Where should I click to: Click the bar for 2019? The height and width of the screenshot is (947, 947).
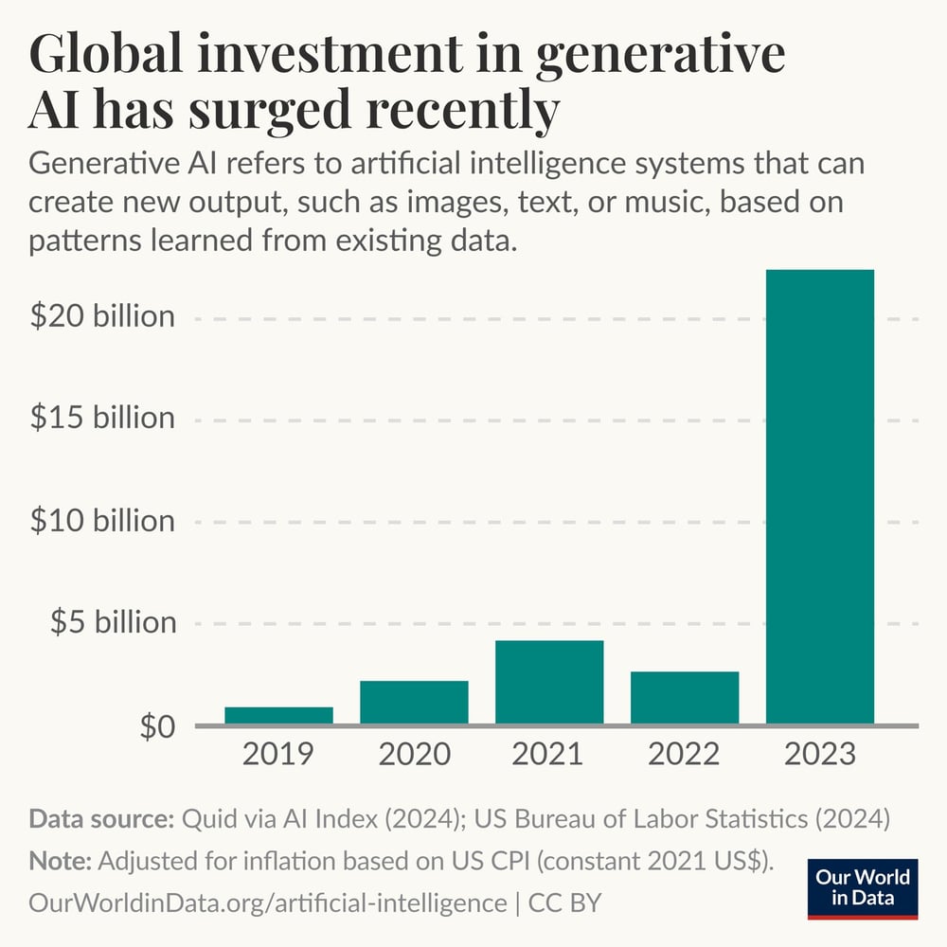(x=278, y=716)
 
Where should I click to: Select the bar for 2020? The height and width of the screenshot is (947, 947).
(x=414, y=703)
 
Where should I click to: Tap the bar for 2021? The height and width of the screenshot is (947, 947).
(x=549, y=683)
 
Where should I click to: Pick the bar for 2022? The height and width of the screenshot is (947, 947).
(x=685, y=698)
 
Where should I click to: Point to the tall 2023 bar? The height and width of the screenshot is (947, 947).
(x=820, y=497)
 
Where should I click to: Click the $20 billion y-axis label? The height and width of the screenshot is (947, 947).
(x=102, y=316)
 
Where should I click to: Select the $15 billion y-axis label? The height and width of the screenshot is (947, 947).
(x=102, y=419)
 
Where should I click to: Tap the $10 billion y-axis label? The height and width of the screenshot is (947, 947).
(x=102, y=521)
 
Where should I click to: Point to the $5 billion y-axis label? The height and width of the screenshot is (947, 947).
(x=113, y=622)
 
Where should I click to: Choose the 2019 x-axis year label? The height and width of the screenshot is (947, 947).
(x=278, y=755)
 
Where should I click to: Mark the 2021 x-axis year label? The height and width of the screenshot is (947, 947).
(x=549, y=755)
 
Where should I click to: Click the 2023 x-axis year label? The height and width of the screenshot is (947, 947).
(x=820, y=755)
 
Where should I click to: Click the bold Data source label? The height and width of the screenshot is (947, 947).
(x=101, y=819)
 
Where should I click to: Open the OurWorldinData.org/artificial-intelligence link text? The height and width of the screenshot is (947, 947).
(x=268, y=902)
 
